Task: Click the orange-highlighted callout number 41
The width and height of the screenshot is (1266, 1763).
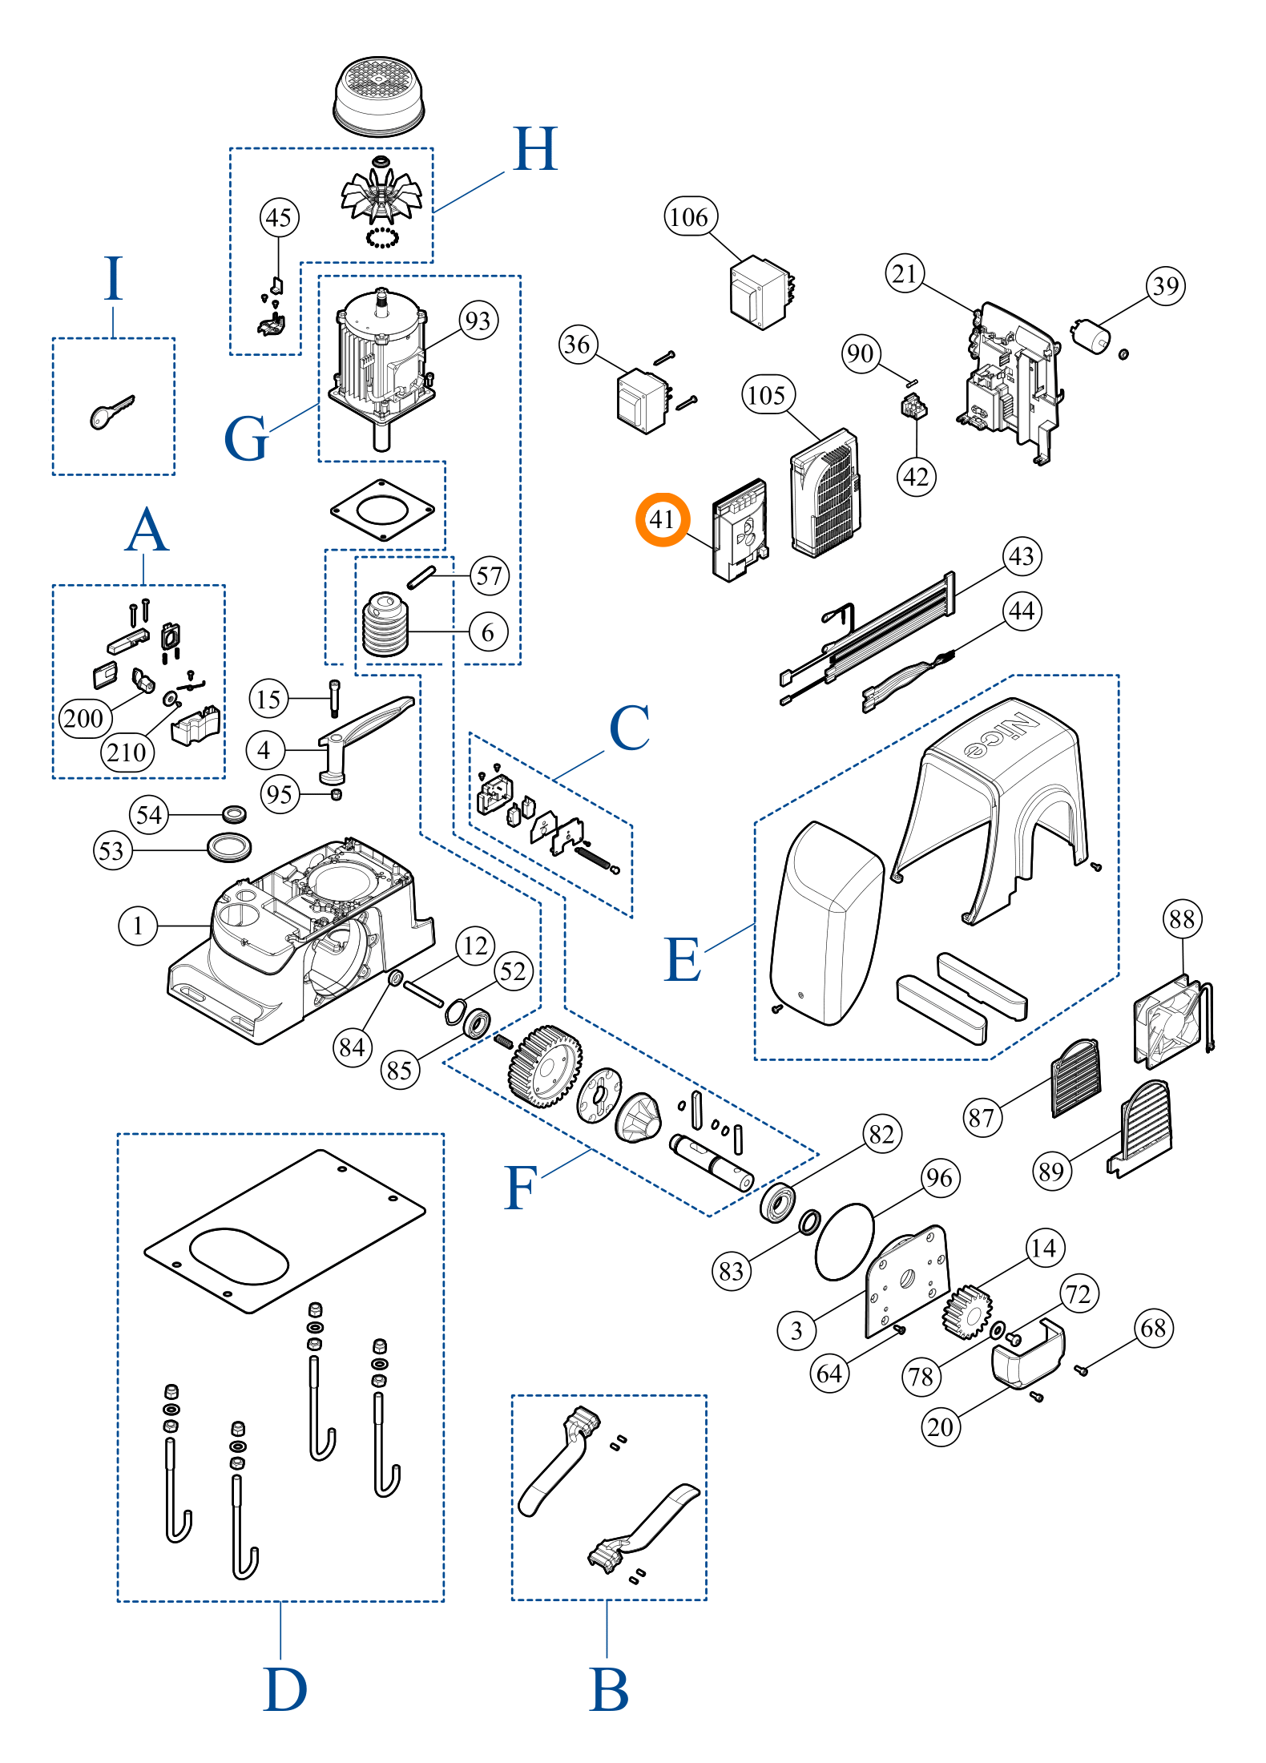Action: click(662, 519)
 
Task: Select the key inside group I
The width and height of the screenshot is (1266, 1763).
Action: click(111, 412)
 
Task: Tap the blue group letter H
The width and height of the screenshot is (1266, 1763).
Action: click(535, 150)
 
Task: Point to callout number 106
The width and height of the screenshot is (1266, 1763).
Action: click(690, 216)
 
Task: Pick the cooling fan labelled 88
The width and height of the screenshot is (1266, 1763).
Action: click(1169, 1022)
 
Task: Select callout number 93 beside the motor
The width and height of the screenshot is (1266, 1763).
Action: click(478, 321)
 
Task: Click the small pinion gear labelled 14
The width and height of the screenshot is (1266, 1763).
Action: click(967, 1312)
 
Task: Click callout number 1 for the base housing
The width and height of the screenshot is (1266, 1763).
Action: click(138, 926)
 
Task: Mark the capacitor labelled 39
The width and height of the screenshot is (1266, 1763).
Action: click(1091, 335)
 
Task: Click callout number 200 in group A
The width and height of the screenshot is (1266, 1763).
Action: click(84, 717)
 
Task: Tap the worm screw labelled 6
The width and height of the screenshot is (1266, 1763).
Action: click(385, 625)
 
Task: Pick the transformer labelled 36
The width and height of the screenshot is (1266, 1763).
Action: click(642, 400)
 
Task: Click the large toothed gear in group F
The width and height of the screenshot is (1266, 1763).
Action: click(545, 1066)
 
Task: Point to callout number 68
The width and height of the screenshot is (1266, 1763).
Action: click(1153, 1328)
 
